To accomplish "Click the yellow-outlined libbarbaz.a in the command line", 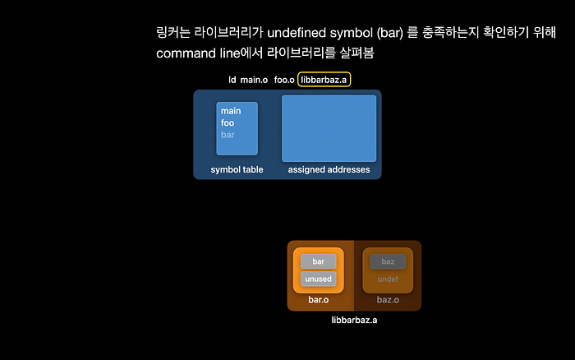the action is (x=324, y=80).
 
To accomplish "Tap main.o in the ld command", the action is (x=254, y=80).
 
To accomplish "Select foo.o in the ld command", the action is (x=284, y=80).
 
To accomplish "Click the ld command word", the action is (x=232, y=80).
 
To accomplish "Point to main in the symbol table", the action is (x=231, y=111).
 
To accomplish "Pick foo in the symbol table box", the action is (x=228, y=123).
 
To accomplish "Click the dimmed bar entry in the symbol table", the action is (x=228, y=135).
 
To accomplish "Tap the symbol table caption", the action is (x=237, y=169).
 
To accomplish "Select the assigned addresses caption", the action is (x=329, y=169).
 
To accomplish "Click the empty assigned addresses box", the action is (x=329, y=128).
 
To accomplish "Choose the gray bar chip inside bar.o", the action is (x=319, y=261).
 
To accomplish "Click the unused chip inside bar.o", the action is (x=319, y=279).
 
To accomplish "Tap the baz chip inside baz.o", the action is (x=388, y=261).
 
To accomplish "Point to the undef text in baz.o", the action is (x=388, y=279).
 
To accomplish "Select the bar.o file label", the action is (x=319, y=300).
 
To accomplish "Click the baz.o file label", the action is (x=388, y=300).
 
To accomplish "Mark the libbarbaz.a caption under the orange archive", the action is (x=354, y=320).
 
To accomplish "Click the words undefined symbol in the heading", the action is (x=320, y=33).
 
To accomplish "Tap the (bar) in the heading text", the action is (x=390, y=33).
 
